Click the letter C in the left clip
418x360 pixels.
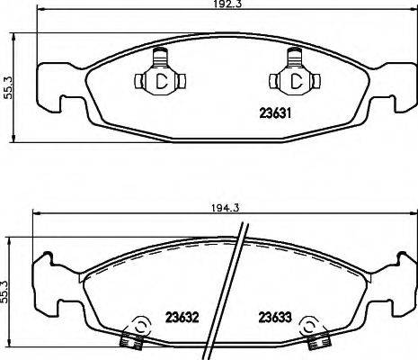163,82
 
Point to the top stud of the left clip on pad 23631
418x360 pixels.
162,57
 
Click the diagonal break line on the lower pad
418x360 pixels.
233,288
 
